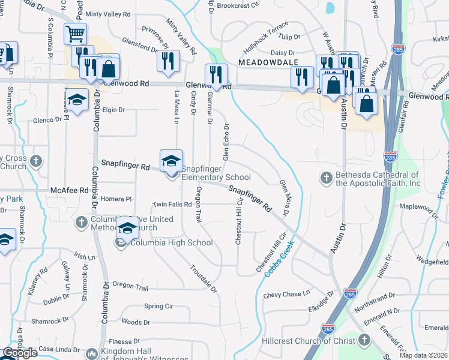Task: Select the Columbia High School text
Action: tap(172, 242)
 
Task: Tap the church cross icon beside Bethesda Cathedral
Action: tap(326, 178)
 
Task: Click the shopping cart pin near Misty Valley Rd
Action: tap(75, 34)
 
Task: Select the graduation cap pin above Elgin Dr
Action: tap(77, 100)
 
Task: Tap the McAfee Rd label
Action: tap(70, 190)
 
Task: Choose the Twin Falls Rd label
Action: tap(172, 205)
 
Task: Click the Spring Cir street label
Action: tap(158, 306)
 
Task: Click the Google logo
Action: tap(20, 353)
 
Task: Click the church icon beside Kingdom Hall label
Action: tap(91, 353)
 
